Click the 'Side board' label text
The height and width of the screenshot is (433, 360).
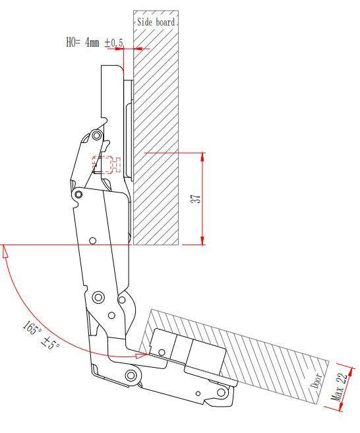click(x=156, y=22)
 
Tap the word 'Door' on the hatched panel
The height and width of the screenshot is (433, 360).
click(x=316, y=380)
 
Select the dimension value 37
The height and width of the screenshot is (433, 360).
click(x=196, y=198)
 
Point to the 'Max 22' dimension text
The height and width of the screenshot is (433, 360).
click(x=339, y=387)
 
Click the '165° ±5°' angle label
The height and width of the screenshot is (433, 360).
click(x=41, y=334)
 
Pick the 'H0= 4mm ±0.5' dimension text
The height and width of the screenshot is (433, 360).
click(x=94, y=43)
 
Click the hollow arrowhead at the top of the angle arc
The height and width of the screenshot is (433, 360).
click(x=4, y=252)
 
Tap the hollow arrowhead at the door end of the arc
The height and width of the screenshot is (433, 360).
click(x=141, y=355)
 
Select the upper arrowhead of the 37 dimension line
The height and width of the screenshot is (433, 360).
click(x=202, y=157)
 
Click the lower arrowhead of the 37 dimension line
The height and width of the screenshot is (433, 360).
click(x=202, y=241)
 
